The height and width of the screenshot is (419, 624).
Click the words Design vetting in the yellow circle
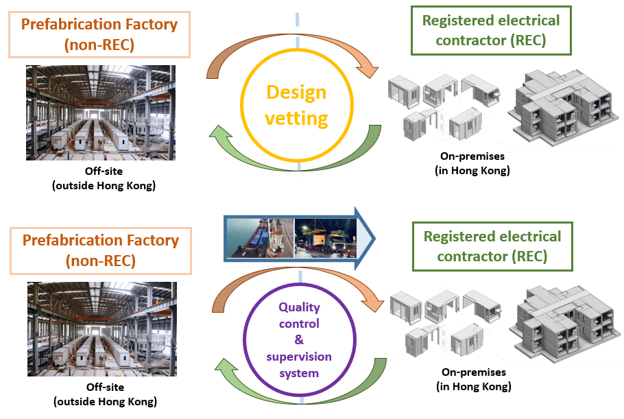296,105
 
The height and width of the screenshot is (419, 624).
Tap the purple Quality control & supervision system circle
299,341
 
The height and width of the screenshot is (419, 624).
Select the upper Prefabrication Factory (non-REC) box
99,35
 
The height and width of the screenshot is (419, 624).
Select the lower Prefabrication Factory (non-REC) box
100,251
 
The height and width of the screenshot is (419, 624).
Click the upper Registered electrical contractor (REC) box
491,30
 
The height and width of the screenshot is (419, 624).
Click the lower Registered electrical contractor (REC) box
492,247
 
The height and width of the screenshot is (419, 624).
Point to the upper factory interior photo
101,112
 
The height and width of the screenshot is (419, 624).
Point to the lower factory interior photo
101,329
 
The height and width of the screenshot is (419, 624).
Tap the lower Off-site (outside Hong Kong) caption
101,395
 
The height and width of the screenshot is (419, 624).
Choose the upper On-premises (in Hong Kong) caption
473,165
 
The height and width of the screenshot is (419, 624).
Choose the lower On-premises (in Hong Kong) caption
474,379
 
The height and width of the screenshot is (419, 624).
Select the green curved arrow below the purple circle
295,398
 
